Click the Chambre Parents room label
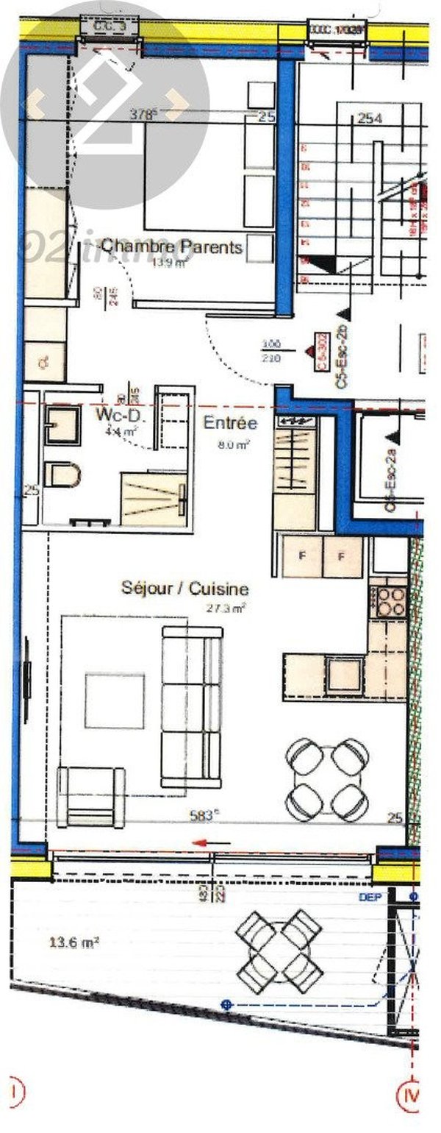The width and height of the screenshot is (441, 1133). tap(171, 246)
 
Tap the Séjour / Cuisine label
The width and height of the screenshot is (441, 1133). tap(184, 589)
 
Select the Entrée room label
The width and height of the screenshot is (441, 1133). tap(230, 423)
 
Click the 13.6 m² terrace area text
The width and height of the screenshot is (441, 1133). tap(74, 942)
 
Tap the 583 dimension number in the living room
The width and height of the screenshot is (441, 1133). tap(204, 815)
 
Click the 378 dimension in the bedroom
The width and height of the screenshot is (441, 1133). tap(143, 114)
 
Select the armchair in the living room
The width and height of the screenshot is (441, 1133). tap(91, 796)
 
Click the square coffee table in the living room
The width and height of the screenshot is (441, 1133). tap(114, 700)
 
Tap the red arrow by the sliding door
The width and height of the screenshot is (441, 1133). tap(211, 843)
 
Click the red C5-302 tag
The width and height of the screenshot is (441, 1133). tap(321, 352)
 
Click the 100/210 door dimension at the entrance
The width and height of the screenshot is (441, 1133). tap(272, 349)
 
